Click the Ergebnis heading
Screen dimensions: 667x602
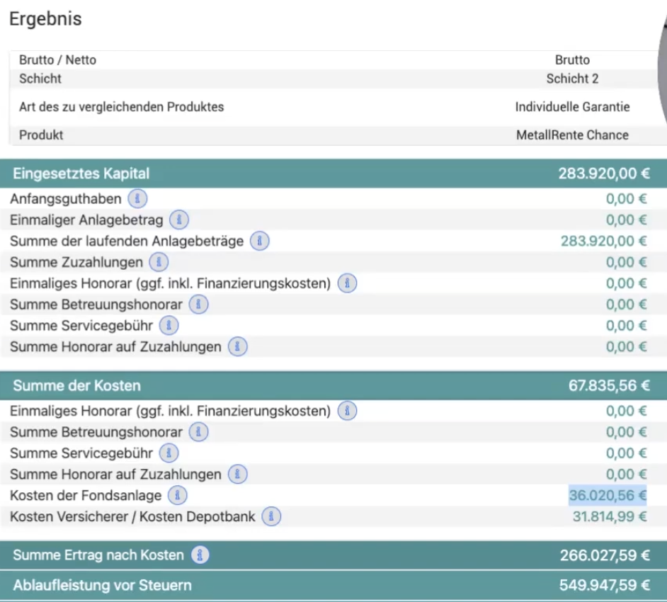pyautogui.click(x=45, y=19)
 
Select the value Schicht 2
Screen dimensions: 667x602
pyautogui.click(x=572, y=79)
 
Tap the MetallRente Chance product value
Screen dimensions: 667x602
pyautogui.click(x=572, y=135)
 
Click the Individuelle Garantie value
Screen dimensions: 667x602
pyautogui.click(x=572, y=107)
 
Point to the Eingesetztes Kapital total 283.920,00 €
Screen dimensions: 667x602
pyautogui.click(x=604, y=174)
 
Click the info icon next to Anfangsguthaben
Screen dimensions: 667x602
pyautogui.click(x=137, y=199)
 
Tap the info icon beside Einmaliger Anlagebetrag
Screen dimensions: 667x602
pyautogui.click(x=179, y=220)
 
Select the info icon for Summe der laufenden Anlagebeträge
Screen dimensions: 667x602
pyautogui.click(x=259, y=242)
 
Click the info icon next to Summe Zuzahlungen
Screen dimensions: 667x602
pyautogui.click(x=159, y=262)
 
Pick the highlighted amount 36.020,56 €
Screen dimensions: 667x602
pyautogui.click(x=608, y=496)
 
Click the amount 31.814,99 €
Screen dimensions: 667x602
pyautogui.click(x=610, y=516)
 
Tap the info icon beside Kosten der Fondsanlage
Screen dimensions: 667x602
pyautogui.click(x=178, y=496)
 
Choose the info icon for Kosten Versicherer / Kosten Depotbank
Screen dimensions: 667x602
pyautogui.click(x=271, y=516)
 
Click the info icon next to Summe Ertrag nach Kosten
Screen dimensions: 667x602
pyautogui.click(x=200, y=555)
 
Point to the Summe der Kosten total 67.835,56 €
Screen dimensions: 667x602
pyautogui.click(x=609, y=386)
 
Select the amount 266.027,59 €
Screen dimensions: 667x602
pyautogui.click(x=605, y=556)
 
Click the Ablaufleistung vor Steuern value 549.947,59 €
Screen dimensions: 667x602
pyautogui.click(x=605, y=586)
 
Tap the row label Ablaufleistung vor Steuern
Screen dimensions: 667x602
pyautogui.click(x=103, y=586)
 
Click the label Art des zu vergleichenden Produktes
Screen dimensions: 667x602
pyautogui.click(x=122, y=107)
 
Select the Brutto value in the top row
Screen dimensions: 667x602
pyautogui.click(x=572, y=60)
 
